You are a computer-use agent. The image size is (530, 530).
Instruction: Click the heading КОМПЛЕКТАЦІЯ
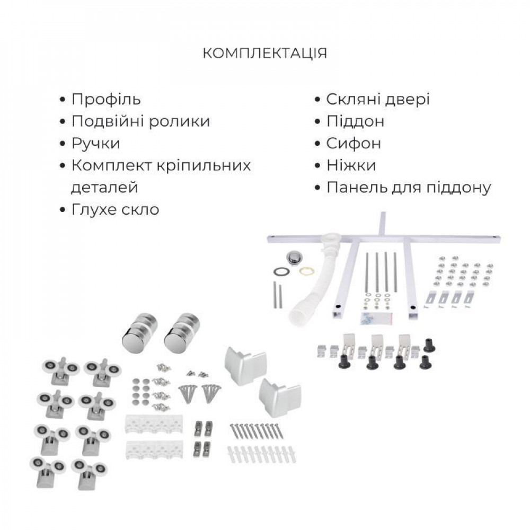pyautogui.click(x=265, y=53)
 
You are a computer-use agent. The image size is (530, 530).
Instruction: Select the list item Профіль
pyautogui.click(x=106, y=99)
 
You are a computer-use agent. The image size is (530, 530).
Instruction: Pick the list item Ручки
pyautogui.click(x=96, y=144)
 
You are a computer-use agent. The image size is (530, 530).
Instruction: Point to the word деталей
pyautogui.click(x=104, y=188)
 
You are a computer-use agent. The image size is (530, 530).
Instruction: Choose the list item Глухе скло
pyautogui.click(x=115, y=209)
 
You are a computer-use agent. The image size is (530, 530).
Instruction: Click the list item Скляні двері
pyautogui.click(x=378, y=99)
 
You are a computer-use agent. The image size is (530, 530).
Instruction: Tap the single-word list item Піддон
pyautogui.click(x=355, y=121)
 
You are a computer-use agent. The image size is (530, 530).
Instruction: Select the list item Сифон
pyautogui.click(x=354, y=144)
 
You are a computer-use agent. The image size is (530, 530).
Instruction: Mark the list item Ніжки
pyautogui.click(x=351, y=165)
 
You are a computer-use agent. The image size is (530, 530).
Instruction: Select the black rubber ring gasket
pyautogui.click(x=281, y=271)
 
